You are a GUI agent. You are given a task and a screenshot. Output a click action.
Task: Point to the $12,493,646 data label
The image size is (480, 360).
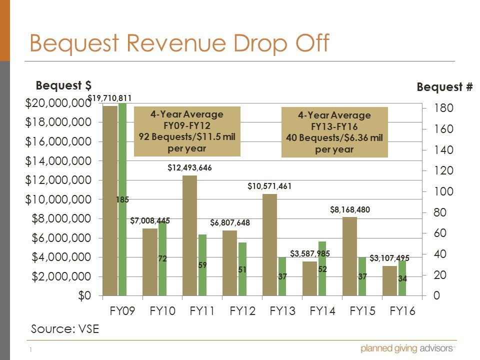(x=189, y=168)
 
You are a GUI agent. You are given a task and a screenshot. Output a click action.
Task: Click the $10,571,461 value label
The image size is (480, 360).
(x=269, y=186)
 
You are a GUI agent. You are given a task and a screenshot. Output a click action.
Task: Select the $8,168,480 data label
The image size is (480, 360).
(x=350, y=210)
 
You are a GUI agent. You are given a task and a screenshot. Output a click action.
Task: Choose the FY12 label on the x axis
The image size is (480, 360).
(x=242, y=311)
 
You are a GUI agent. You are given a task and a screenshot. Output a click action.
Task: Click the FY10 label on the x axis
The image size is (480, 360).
(x=162, y=311)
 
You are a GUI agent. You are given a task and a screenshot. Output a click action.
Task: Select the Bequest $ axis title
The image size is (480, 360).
(x=63, y=85)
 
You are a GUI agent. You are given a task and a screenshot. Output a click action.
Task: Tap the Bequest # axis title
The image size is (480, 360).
(x=444, y=87)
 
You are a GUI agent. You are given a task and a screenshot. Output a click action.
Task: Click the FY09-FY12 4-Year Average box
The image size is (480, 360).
(x=187, y=131)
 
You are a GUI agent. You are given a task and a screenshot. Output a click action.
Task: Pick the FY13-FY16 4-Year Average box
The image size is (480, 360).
(x=334, y=132)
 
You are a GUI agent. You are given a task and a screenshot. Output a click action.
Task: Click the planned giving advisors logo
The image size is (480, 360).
(x=408, y=348)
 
